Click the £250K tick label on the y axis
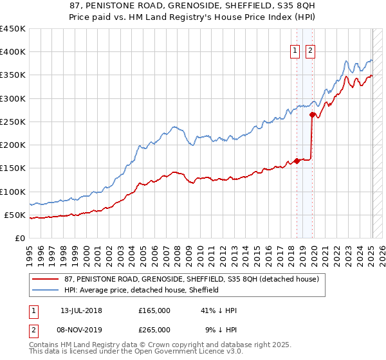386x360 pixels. pyautogui.click(x=12, y=122)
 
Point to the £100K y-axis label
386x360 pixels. pyautogui.click(x=12, y=192)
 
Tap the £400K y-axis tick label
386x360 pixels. pyautogui.click(x=12, y=52)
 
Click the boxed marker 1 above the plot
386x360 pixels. pyautogui.click(x=295, y=51)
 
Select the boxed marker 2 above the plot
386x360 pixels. pyautogui.click(x=310, y=51)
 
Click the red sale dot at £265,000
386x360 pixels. pyautogui.click(x=312, y=115)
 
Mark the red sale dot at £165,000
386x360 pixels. pyautogui.click(x=297, y=161)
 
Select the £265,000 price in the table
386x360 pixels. pyautogui.click(x=154, y=329)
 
